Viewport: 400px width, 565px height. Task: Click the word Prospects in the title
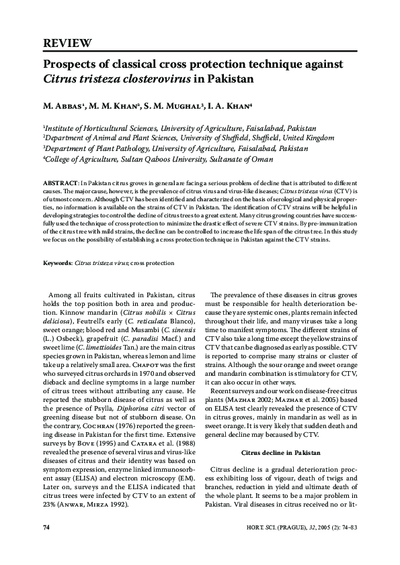tap(69, 64)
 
